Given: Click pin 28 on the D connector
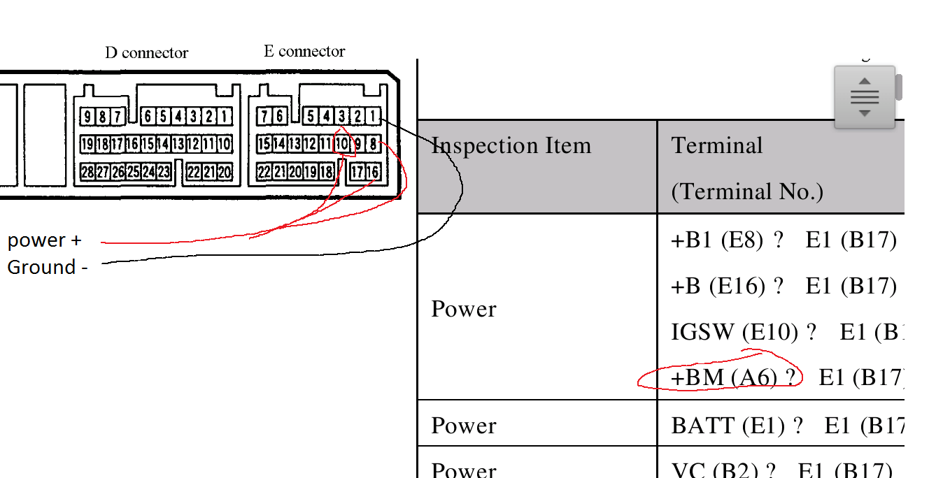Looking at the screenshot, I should click(87, 172).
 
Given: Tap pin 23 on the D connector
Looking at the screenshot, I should click(164, 172).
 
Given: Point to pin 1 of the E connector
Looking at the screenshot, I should click(373, 117).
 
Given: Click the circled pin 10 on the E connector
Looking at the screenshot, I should click(341, 145).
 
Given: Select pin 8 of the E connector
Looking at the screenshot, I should click(373, 145).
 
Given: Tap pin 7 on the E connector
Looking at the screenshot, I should click(264, 117).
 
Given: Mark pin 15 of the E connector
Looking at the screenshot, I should click(264, 145).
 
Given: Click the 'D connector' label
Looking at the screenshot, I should click(146, 53).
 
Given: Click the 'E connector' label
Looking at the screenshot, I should click(304, 52).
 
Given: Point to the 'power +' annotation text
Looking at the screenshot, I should click(44, 240).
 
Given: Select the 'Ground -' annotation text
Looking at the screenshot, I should click(47, 268).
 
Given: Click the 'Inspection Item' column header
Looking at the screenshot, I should click(511, 145).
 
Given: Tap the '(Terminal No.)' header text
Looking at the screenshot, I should click(747, 191).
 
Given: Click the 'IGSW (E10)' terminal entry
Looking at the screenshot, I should click(735, 331).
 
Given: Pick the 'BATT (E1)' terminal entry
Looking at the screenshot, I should click(728, 425).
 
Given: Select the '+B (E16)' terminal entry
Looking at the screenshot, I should click(718, 286).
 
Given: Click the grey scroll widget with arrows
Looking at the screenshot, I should click(865, 97).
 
